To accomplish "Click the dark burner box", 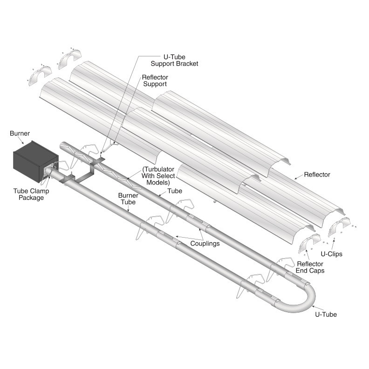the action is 35,162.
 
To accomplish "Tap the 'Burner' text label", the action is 20,133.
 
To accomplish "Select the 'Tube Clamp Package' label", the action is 31,194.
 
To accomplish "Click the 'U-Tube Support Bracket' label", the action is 174,60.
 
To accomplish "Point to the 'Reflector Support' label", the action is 155,81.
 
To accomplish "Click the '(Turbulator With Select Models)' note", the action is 158,176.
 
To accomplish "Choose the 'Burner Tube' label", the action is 128,198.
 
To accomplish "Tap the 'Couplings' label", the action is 205,243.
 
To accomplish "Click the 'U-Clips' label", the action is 332,254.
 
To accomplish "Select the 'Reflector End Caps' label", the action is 310,267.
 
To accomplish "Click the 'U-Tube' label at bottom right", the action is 326,314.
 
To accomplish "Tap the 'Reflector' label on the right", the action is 317,175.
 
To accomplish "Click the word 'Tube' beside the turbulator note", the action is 175,191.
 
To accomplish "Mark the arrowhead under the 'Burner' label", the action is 22,143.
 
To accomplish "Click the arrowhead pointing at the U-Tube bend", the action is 314,307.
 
